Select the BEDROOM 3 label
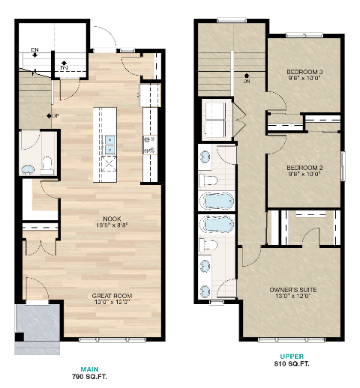(304, 73)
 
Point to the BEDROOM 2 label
(304, 168)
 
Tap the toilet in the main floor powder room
(47, 163)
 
